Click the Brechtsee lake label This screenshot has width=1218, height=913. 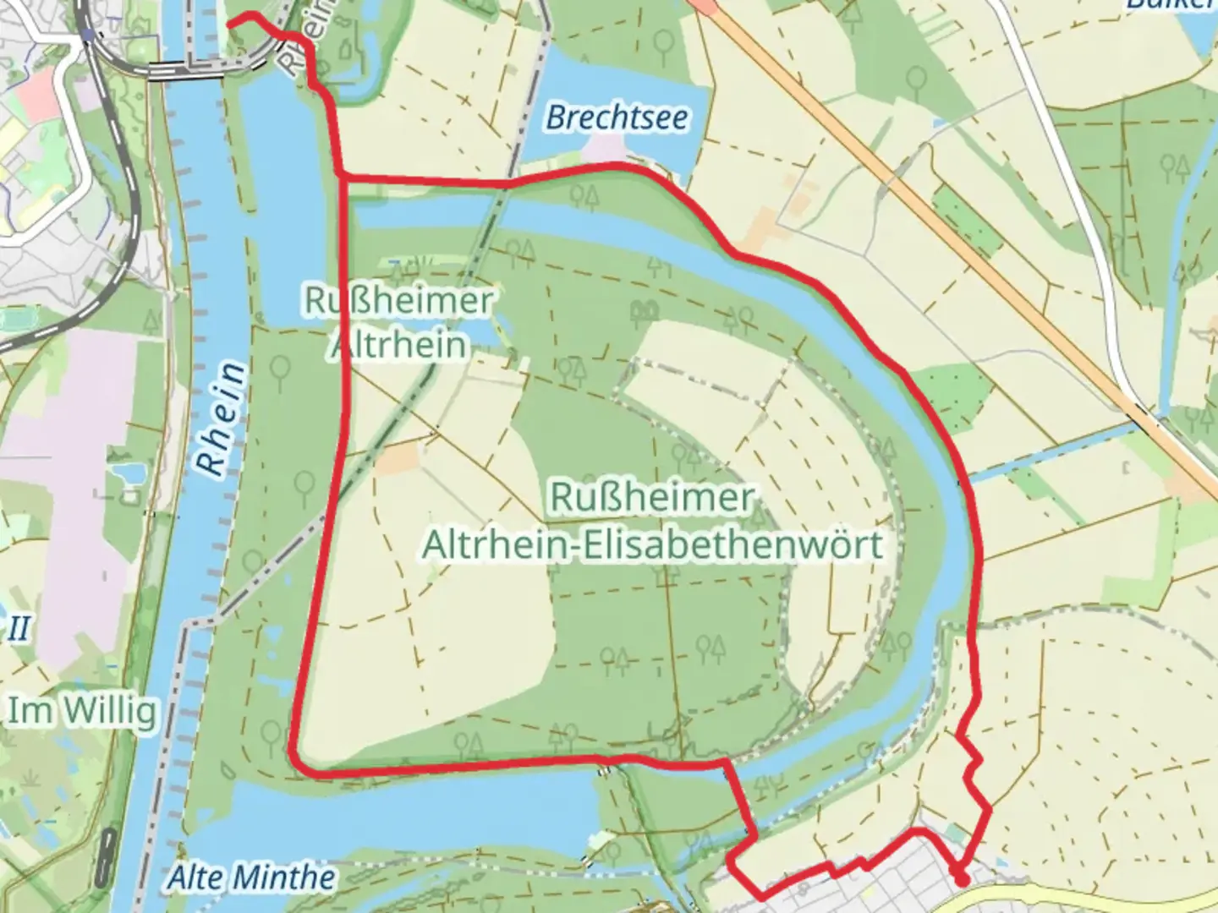click(x=617, y=118)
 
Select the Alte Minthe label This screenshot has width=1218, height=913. click(x=251, y=877)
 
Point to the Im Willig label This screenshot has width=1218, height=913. click(x=82, y=711)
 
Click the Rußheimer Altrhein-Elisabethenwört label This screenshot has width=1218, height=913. click(x=651, y=521)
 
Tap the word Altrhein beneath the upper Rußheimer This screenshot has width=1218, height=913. click(x=398, y=344)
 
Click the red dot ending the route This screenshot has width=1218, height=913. click(x=962, y=880)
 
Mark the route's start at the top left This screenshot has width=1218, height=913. click(x=230, y=23)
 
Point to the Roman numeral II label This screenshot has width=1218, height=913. click(x=19, y=628)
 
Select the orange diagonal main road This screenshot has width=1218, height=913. click(x=973, y=254)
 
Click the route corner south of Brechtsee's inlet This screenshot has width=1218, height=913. click(x=342, y=176)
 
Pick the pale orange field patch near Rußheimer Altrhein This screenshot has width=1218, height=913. click(x=398, y=457)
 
